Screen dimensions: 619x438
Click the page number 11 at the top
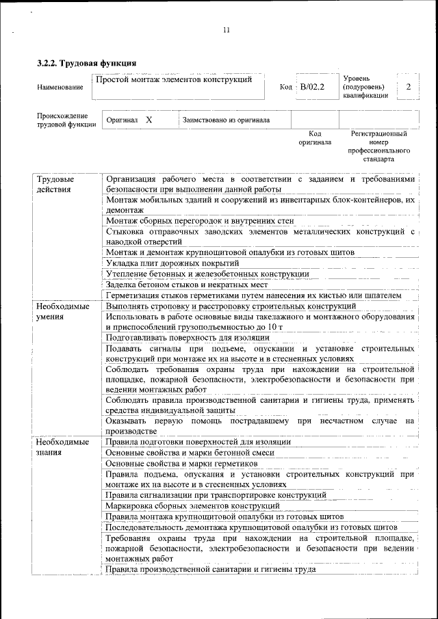(x=226, y=29)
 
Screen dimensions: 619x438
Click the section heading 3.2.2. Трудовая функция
(x=87, y=64)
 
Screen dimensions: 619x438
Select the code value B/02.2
(x=311, y=88)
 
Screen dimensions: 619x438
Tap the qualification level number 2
(x=409, y=87)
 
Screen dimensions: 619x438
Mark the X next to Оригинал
(x=149, y=120)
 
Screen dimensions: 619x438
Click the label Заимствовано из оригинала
(x=225, y=120)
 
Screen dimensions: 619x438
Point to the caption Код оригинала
(x=315, y=138)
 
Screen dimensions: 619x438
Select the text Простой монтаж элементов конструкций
(x=174, y=80)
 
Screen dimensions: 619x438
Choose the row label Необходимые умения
(x=63, y=311)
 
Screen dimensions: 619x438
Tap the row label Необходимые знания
(x=63, y=447)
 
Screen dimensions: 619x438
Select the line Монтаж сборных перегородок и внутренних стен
(x=200, y=221)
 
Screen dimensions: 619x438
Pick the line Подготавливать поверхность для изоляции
(x=188, y=338)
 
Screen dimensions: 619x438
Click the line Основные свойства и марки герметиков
(x=181, y=464)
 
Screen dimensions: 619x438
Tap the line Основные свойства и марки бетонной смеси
(x=190, y=453)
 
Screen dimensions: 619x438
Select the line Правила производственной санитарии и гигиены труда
(x=211, y=569)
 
